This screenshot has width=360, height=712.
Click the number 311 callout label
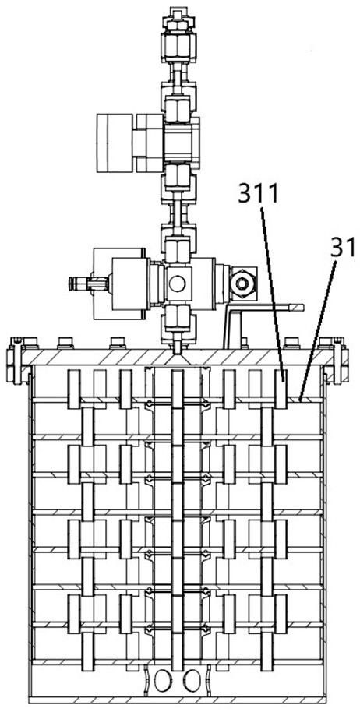coord(257,194)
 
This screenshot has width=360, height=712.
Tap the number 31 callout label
coord(343,249)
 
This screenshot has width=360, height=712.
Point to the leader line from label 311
coord(272,291)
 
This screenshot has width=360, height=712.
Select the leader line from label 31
coord(318,330)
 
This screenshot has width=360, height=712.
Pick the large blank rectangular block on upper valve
coord(115,143)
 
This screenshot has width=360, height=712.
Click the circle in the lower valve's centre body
coord(177,284)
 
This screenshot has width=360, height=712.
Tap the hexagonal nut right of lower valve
coord(242,284)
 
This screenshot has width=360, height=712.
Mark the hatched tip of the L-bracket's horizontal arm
coord(295,308)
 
